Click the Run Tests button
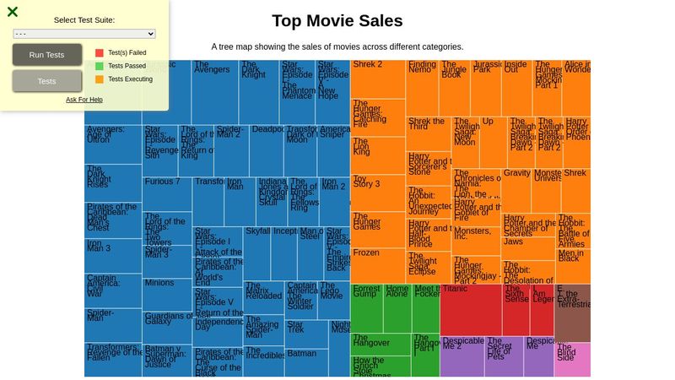click(47, 55)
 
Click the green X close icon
click(13, 12)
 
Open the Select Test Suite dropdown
click(84, 34)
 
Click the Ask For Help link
click(84, 100)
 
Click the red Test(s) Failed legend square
click(100, 52)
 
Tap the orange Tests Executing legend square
click(100, 79)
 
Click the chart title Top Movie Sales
click(337, 21)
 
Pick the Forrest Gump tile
click(366, 308)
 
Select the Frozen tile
click(377, 264)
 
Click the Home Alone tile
click(397, 308)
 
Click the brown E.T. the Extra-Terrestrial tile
click(572, 313)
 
